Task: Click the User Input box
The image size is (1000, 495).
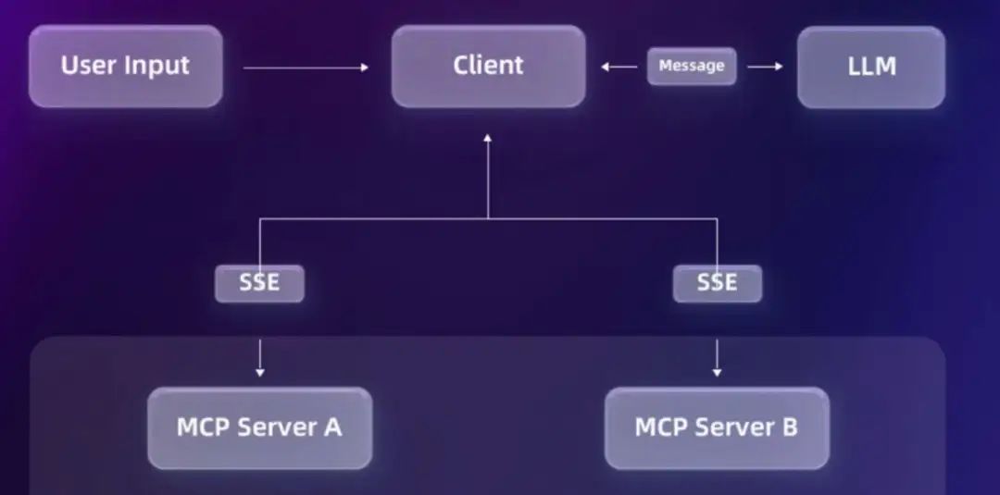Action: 125,66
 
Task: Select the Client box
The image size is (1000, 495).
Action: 488,66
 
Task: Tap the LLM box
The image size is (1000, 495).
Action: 870,66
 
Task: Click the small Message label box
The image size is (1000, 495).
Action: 691,67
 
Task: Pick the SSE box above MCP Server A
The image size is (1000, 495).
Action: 259,283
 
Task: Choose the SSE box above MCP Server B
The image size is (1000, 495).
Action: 717,283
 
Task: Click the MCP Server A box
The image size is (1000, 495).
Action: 259,427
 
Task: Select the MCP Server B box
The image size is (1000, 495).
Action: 717,427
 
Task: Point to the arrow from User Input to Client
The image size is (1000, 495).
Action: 306,67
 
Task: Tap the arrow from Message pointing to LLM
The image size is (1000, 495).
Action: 765,67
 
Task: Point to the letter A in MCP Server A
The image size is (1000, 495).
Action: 332,427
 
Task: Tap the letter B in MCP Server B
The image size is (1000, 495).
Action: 789,427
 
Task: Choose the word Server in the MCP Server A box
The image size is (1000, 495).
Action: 275,427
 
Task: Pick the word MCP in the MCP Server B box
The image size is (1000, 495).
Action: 661,427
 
